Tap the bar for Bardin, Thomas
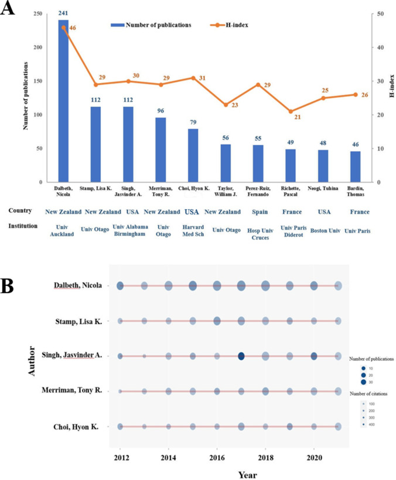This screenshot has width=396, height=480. tap(354, 166)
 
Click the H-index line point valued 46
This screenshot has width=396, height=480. tap(63, 27)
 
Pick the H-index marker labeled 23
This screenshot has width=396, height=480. tap(225, 104)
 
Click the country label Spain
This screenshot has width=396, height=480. tap(258, 212)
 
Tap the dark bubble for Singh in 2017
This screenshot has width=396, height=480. tap(241, 356)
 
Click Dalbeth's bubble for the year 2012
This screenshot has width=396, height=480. tap(120, 286)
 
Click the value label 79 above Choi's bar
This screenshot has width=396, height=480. tap(192, 122)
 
